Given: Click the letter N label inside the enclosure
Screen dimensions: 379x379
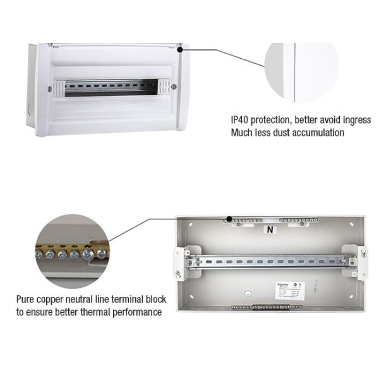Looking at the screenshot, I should click(270, 230).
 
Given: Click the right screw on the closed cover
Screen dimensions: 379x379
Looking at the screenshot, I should click(174, 87).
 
